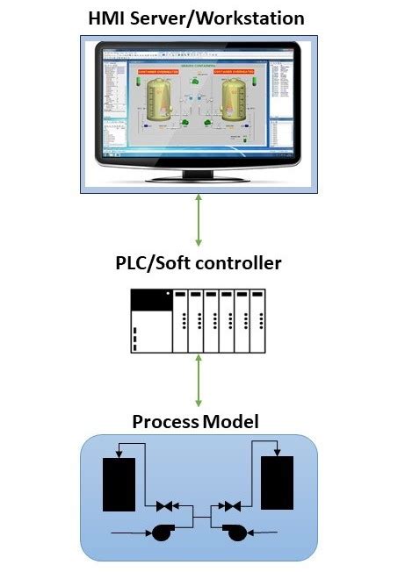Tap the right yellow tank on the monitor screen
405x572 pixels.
tap(235, 99)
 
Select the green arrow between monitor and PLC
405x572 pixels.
tap(199, 220)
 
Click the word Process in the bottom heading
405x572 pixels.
tap(165, 422)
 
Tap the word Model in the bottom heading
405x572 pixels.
tap(231, 422)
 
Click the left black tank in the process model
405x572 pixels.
tap(119, 483)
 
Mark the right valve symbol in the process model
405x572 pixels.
tap(231, 506)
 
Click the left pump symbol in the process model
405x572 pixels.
tap(161, 532)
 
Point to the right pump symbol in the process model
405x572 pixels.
tap(235, 532)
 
